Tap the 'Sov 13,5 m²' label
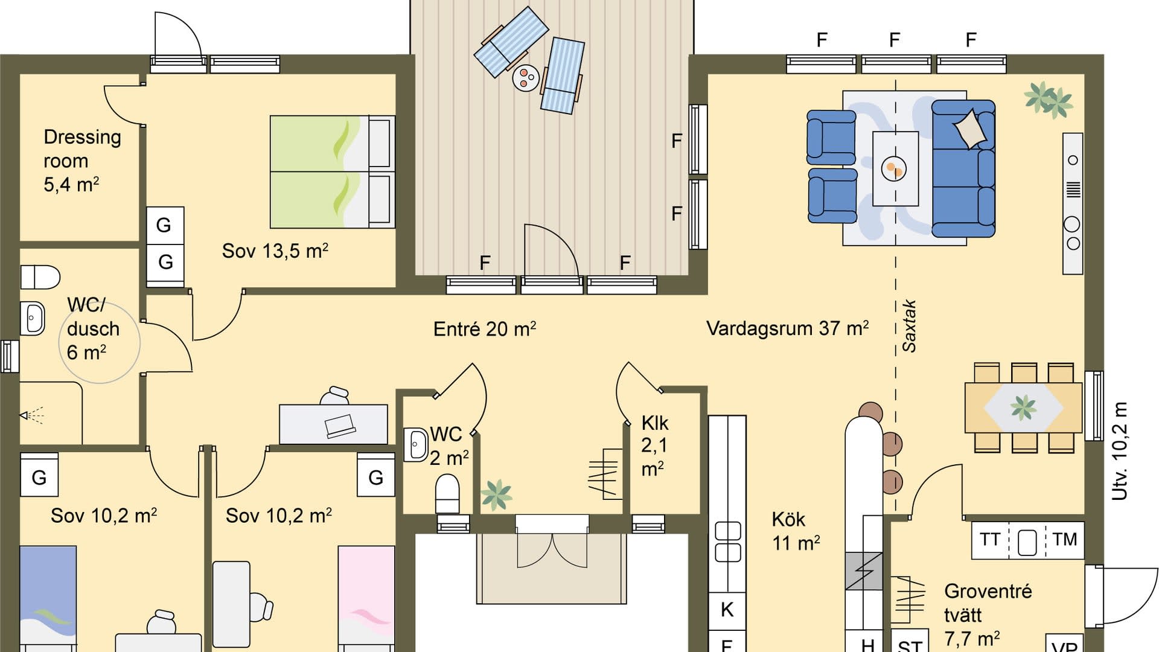[275, 251]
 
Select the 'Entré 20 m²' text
[484, 329]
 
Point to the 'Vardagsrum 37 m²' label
[787, 328]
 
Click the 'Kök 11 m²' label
[795, 531]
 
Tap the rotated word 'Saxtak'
[909, 326]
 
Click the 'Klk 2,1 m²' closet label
[654, 446]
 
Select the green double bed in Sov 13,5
[332, 172]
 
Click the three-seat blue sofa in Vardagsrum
[963, 168]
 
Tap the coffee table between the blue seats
[895, 169]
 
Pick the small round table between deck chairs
[526, 78]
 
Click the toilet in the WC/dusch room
[40, 277]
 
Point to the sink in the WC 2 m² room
[415, 445]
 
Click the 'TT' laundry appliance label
[989, 539]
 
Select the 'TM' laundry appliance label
[1064, 539]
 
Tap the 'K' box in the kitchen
[727, 610]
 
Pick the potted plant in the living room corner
[1049, 99]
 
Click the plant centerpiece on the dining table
[1023, 408]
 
